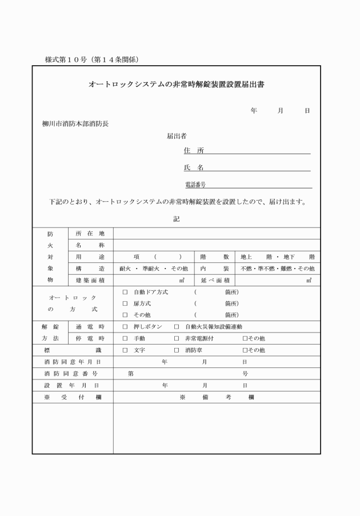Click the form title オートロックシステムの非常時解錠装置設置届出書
pos(175,85)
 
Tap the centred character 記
pos(176,219)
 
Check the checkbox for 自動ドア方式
pos(125,292)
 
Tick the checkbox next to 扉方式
pos(125,303)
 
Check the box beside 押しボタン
pos(125,327)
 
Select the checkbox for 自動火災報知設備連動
pos(177,327)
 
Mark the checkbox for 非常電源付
pos(177,338)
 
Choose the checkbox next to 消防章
pos(177,350)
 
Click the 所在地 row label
pos(90,233)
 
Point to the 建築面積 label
pos(90,280)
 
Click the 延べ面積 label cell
pos(215,280)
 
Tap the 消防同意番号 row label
pos(72,374)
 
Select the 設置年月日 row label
pos(72,386)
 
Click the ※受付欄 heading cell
pos(72,398)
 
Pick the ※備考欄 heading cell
pos(217,398)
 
